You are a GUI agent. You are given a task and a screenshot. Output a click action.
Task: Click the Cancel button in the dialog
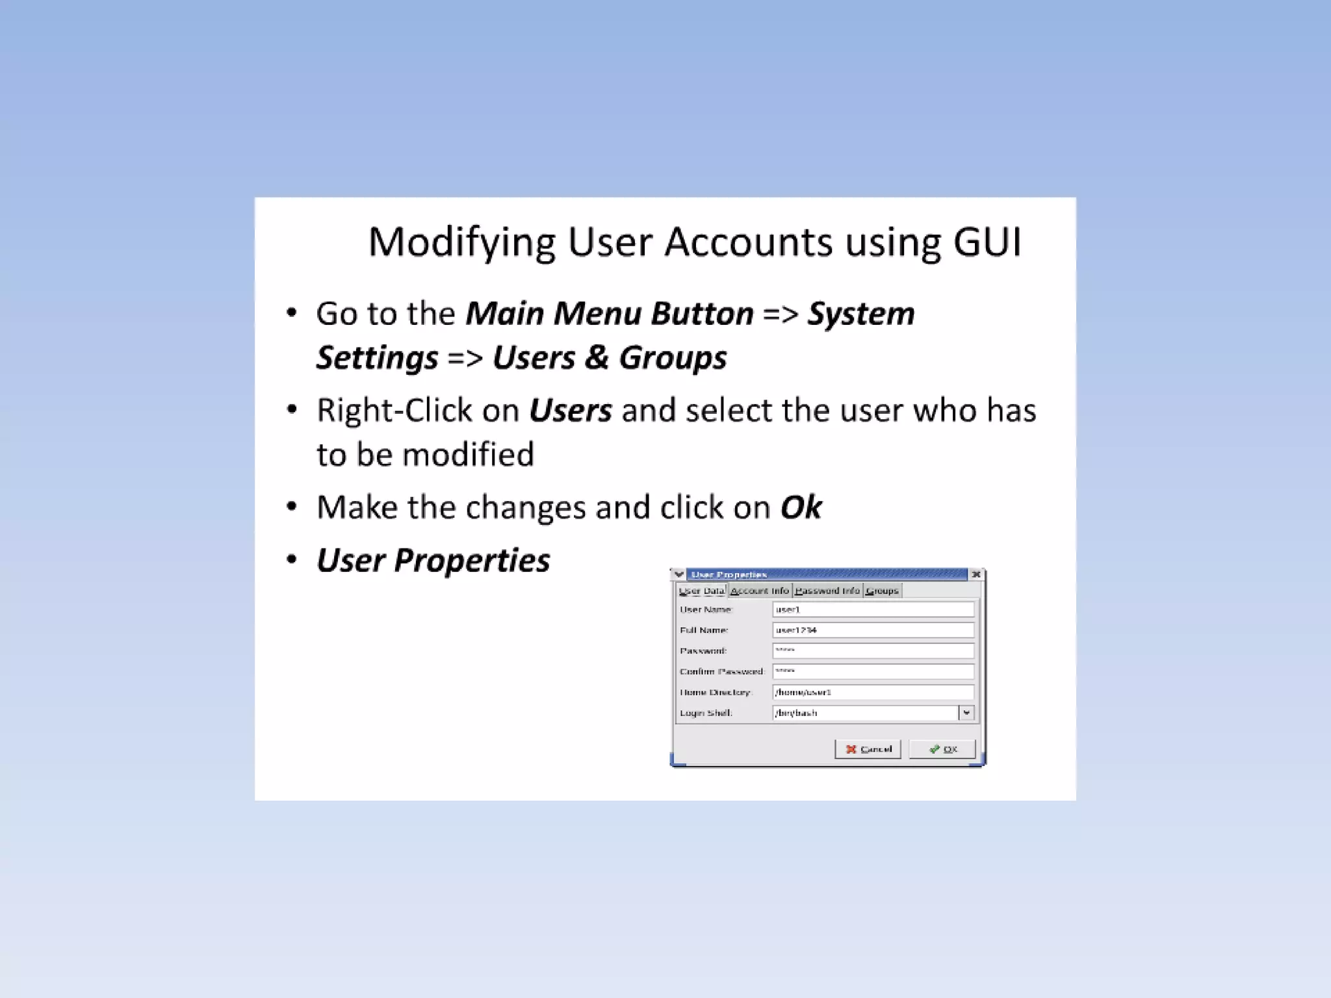tap(868, 749)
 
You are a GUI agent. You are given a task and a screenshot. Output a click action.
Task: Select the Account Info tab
tap(759, 591)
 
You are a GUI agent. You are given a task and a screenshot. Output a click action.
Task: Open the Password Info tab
tap(827, 591)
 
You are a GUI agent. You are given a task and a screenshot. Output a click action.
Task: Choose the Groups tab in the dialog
tap(882, 591)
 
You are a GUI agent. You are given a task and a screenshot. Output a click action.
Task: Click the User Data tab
tap(701, 591)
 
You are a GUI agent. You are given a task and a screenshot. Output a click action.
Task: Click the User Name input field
tap(873, 609)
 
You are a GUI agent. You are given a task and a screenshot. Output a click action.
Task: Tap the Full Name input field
tap(873, 630)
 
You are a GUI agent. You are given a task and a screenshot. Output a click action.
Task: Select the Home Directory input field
tap(873, 693)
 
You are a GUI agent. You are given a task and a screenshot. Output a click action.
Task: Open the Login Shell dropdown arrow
tap(966, 713)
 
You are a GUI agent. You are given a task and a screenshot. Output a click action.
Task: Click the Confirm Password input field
tap(873, 671)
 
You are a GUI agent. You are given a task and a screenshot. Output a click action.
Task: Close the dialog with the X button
tap(976, 574)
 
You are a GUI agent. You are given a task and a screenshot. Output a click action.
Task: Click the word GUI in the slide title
tap(987, 242)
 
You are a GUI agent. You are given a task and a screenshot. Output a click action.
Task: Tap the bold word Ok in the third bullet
tap(801, 507)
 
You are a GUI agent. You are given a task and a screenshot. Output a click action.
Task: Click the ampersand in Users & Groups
tap(597, 358)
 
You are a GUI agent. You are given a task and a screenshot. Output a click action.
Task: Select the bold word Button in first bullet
tap(702, 314)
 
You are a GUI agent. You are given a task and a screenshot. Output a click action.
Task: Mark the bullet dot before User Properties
tap(292, 560)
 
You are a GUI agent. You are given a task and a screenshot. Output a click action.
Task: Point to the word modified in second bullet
tap(468, 454)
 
